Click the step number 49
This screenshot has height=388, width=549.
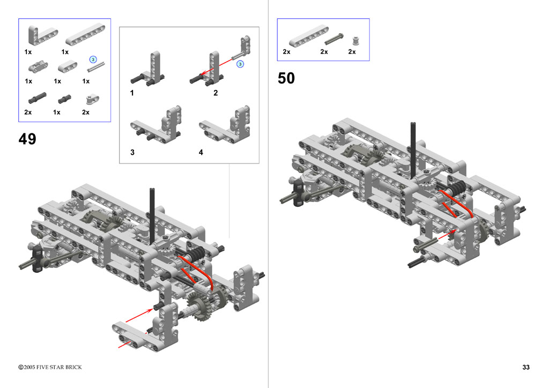27,139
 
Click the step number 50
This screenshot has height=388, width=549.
286,78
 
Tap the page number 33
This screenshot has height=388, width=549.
526,367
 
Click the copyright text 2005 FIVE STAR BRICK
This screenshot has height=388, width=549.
50,367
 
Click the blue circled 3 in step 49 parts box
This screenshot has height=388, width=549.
93,59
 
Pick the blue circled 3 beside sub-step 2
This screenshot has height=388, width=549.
240,64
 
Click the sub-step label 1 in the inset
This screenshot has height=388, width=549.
132,93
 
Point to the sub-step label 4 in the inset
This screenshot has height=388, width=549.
201,152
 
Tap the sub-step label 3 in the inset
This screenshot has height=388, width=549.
132,152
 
